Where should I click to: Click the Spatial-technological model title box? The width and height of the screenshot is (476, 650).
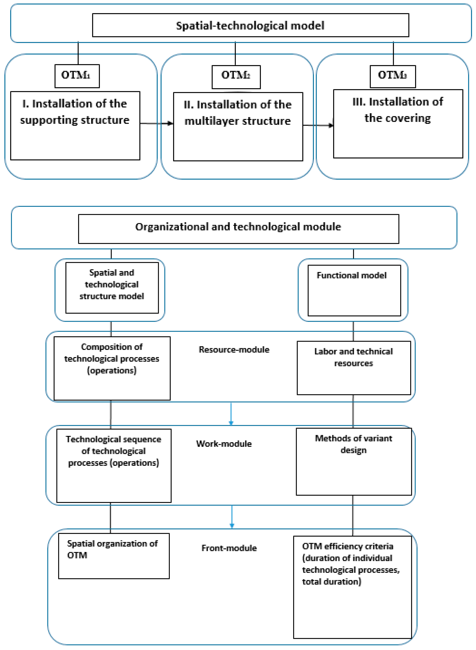(x=250, y=25)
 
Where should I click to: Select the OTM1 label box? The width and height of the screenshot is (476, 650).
(x=77, y=76)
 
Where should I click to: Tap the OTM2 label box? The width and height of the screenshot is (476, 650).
(x=236, y=77)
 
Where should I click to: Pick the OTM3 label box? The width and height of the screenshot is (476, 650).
(x=392, y=76)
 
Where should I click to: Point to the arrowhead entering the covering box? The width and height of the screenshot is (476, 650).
(x=331, y=125)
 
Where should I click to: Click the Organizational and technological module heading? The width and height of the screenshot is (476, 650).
(x=238, y=227)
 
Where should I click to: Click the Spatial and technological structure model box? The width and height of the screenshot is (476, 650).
(x=112, y=287)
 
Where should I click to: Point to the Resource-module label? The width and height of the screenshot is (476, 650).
(x=234, y=350)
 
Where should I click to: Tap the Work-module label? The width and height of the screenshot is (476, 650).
(x=224, y=444)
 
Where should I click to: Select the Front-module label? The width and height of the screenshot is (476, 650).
(x=229, y=548)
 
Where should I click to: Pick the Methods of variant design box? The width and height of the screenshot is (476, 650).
(x=353, y=461)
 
